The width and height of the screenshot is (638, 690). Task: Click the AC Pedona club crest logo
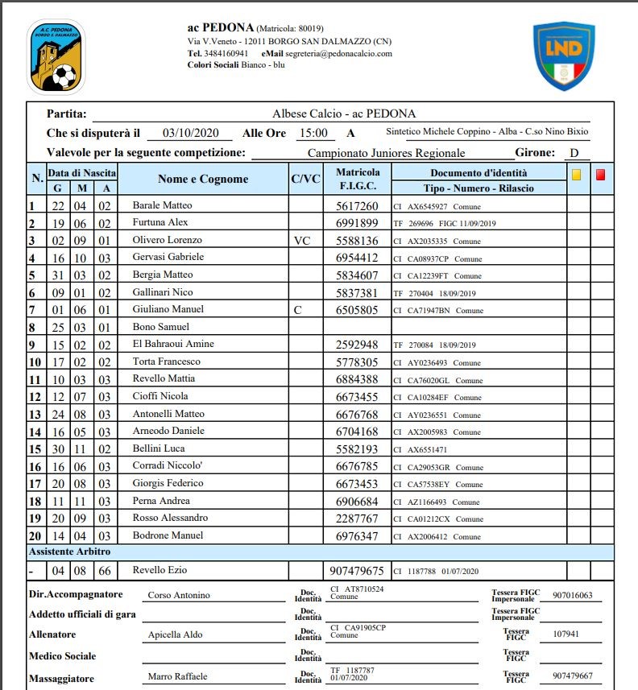(x=56, y=56)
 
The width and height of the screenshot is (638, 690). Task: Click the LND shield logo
(x=564, y=55)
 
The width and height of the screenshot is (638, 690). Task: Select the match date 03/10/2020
(x=191, y=134)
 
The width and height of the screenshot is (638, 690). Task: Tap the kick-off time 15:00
(x=313, y=134)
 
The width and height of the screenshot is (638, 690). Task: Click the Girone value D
(x=574, y=153)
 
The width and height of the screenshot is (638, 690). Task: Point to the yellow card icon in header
(x=577, y=173)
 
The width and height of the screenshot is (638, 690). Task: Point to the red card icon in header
(x=601, y=173)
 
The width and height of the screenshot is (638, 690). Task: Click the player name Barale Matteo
(x=162, y=206)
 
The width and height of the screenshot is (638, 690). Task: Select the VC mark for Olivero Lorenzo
(x=301, y=241)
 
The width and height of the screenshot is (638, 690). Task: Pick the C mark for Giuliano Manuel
(x=297, y=309)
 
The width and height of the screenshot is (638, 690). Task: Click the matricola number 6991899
(x=357, y=223)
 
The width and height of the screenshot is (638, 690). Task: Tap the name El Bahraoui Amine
(x=173, y=344)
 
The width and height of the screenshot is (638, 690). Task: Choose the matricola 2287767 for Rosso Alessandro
(x=357, y=518)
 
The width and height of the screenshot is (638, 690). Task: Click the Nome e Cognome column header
(x=203, y=180)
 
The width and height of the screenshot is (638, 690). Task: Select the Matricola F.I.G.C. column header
(x=358, y=180)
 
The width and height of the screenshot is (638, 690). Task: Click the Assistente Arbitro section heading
(x=70, y=552)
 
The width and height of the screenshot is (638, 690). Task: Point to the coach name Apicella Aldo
(x=176, y=634)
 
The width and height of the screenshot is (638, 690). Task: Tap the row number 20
(x=35, y=535)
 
